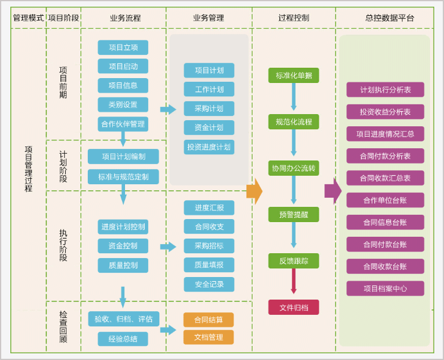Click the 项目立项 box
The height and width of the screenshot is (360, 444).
pos(123,48)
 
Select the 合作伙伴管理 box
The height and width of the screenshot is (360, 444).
pos(123,124)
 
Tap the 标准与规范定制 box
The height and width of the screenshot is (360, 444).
pos(123,177)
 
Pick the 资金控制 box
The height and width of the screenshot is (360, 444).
pos(123,246)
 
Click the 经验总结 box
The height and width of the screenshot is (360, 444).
pos(123,339)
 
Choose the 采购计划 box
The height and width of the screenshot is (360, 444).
pos(209,109)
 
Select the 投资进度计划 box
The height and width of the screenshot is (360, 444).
pos(209,147)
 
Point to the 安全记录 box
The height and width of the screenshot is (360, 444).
pos(209,284)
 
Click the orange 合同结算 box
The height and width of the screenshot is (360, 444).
pos(209,320)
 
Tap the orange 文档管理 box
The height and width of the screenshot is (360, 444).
pos(209,337)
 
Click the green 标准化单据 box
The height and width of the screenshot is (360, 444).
pos(293,76)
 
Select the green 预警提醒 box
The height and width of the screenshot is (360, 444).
pos(293,215)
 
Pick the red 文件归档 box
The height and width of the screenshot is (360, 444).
pos(293,308)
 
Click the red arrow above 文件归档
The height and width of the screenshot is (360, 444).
pos(293,282)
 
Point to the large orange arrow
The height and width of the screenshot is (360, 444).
pos(254,191)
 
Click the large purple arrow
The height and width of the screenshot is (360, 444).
pos(332,191)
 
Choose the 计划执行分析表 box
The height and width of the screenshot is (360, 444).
pos(385,90)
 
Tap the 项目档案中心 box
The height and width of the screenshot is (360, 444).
pos(385,289)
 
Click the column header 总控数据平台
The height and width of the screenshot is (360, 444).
pos(389,18)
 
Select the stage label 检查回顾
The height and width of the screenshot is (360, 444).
pos(63,327)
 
